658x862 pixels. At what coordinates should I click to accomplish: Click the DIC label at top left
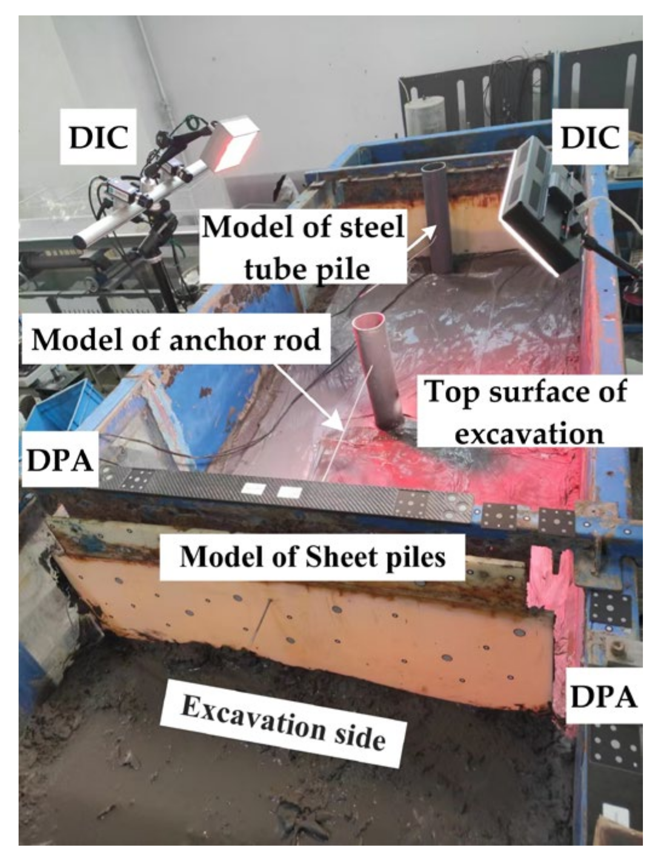tap(99, 138)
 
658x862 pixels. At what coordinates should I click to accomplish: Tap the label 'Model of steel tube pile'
tap(302, 247)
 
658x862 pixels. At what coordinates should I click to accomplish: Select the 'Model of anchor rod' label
tap(176, 339)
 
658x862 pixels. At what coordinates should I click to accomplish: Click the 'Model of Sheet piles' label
tap(313, 556)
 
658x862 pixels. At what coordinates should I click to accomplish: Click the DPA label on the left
tap(60, 461)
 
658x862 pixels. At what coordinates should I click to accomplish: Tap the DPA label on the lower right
tap(603, 698)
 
